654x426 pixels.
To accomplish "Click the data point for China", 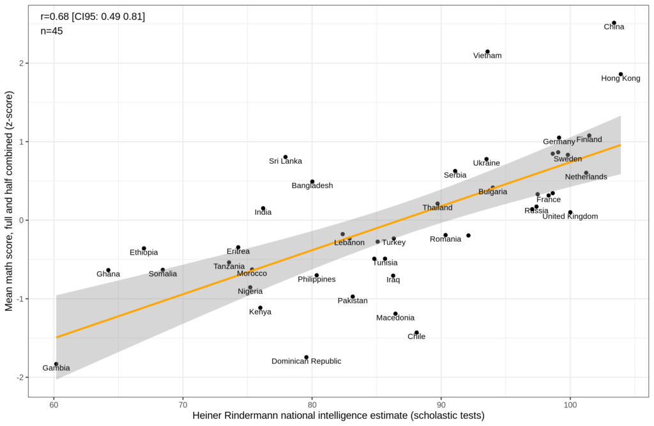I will point(614,23).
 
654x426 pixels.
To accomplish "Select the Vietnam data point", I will point(487,52).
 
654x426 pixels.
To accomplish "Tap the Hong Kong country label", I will point(620,79).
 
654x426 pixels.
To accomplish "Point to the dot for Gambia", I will point(56,364).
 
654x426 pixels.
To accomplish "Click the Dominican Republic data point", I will point(307,357).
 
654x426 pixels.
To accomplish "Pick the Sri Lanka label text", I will point(285,161).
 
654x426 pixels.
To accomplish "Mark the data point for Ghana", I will point(109,270).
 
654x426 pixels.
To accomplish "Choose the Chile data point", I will point(416,333).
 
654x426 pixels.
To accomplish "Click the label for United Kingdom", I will point(570,216).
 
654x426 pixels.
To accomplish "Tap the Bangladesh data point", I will point(312,182).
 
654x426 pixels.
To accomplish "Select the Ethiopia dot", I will point(144,248).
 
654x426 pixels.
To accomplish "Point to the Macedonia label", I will point(395,318).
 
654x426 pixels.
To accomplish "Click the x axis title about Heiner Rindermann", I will point(338,416).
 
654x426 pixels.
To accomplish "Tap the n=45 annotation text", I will point(52,31).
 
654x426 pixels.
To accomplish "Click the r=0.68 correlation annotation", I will point(93,16).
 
